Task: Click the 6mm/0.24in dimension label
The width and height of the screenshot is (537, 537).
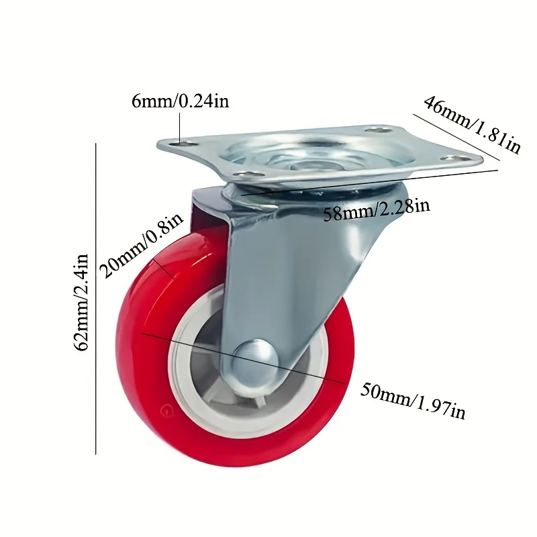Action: coord(181,102)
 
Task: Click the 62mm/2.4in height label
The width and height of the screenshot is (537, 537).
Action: coord(83,301)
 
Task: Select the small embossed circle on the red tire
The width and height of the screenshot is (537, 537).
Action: coord(165,408)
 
